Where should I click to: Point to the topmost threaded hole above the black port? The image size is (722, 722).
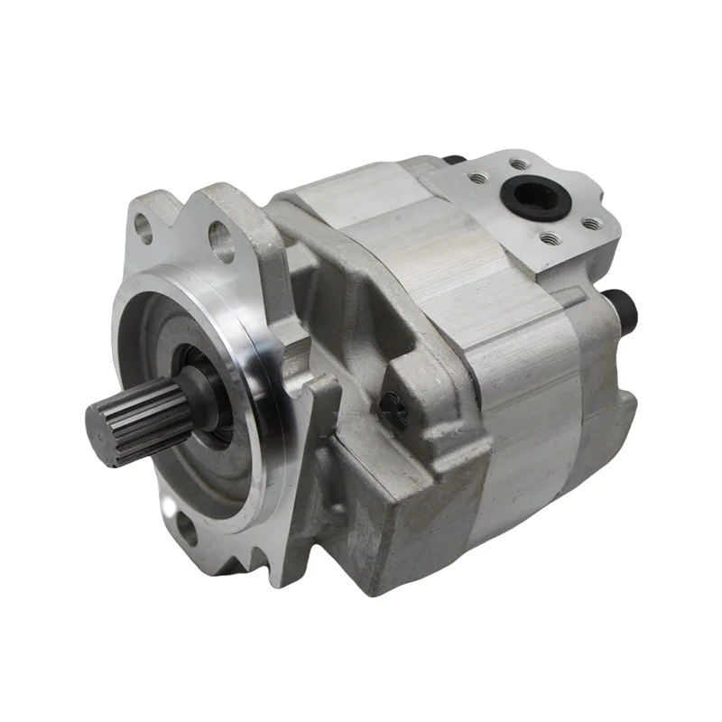[520, 164]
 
